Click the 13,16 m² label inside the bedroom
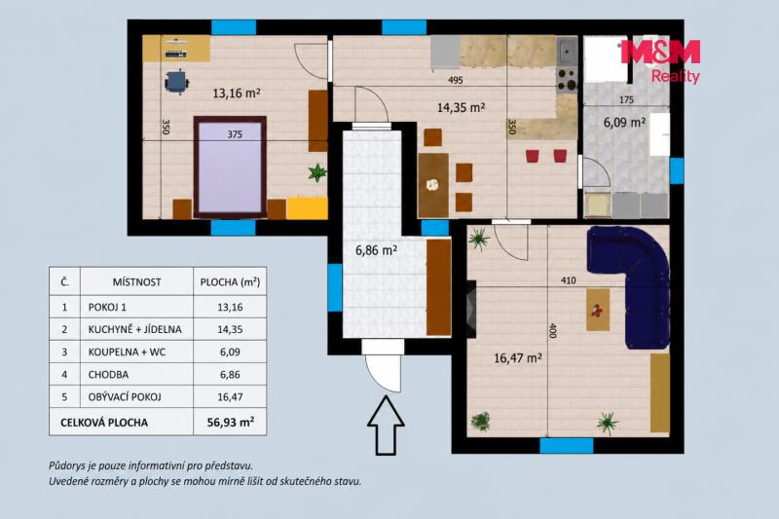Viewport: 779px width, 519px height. point(237,93)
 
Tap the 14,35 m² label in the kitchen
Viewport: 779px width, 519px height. point(461,107)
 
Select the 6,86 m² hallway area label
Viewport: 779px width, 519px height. point(376,250)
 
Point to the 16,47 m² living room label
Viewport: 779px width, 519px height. point(518,357)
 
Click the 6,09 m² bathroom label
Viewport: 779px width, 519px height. point(624,122)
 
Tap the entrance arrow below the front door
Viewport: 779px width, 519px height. point(386,426)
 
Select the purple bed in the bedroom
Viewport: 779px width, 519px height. point(230,167)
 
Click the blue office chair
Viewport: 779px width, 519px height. point(176,82)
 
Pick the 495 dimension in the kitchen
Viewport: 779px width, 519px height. point(455,80)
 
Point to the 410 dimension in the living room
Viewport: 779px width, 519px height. point(569,280)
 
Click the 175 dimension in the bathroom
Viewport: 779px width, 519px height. point(626,100)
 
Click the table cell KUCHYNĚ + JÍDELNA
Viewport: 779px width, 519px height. point(135,329)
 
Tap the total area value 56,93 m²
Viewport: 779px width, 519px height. point(231,423)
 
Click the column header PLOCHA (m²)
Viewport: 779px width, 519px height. point(230,282)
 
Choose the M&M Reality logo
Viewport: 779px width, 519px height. point(661,60)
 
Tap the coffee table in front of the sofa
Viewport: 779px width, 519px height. point(598,310)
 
